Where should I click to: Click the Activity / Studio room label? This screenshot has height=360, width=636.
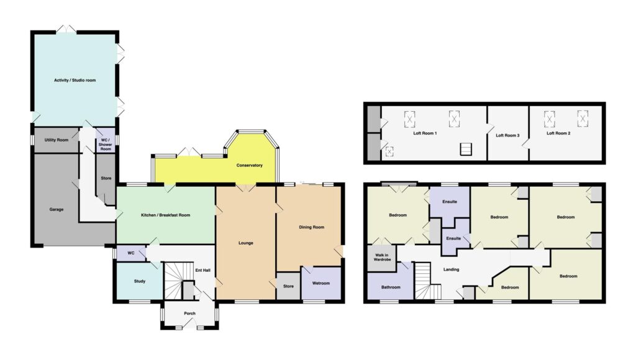pos(75,80)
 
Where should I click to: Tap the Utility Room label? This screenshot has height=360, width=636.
pos(57,140)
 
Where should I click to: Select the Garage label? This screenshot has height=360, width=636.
pos(57,210)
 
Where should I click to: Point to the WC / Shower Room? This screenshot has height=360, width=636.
pos(106,140)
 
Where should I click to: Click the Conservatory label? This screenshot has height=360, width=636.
pos(250,165)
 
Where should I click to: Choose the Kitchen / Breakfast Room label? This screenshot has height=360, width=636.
pos(165,215)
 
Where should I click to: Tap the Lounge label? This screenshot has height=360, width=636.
pos(246,243)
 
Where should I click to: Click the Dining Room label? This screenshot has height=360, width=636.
pos(312,227)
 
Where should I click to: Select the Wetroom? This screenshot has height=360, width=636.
pos(321,283)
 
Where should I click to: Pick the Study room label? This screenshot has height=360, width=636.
pos(140,281)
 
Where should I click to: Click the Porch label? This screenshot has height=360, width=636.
pos(189,313)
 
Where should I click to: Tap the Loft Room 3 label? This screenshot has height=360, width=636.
pos(507,135)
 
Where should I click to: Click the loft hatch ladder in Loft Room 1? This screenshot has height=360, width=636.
pos(466,149)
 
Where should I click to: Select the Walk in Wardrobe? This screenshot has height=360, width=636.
pos(382,258)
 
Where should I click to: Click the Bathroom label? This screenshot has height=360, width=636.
pos(391,287)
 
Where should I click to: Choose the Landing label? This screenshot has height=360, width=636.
pos(451,269)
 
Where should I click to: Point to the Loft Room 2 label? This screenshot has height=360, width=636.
pos(558,133)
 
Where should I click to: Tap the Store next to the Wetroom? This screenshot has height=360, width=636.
pos(288,286)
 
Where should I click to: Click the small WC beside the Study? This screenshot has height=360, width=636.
pos(131,253)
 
